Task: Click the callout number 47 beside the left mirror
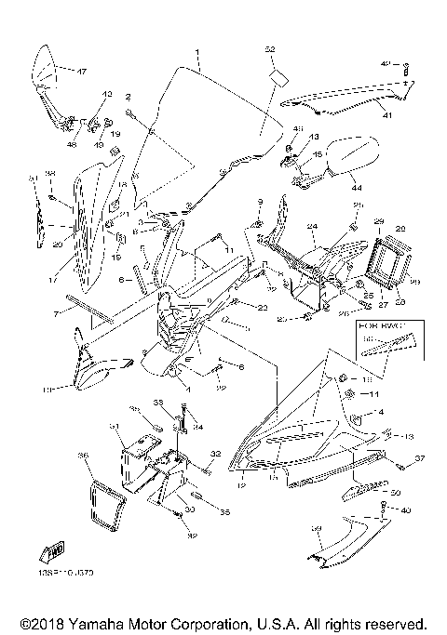(81, 72)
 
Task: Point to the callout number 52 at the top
(270, 48)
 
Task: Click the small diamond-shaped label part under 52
(276, 76)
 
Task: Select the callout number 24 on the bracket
(313, 226)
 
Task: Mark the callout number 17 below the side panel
(53, 276)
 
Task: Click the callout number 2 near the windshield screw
(128, 97)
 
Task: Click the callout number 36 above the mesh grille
(82, 456)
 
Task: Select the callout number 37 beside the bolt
(419, 458)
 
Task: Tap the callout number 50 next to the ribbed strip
(395, 492)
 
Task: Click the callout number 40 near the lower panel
(404, 510)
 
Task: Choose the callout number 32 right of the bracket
(214, 454)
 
